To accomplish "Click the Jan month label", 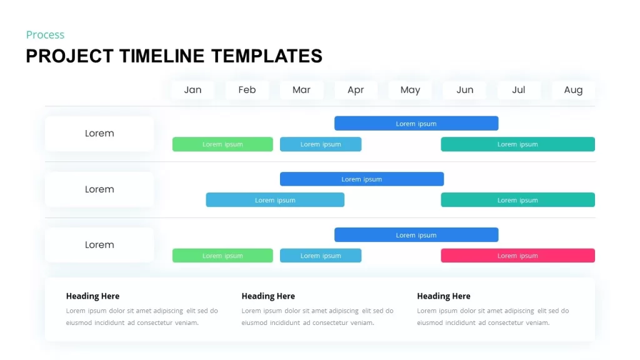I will (192, 90).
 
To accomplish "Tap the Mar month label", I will (301, 90).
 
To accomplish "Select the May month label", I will (410, 90).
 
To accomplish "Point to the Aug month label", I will (573, 90).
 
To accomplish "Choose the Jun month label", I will (464, 90).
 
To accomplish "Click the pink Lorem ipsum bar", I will (517, 256).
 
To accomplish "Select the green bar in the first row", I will (222, 144).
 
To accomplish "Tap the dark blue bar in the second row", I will (361, 179).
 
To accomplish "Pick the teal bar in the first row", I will (517, 144).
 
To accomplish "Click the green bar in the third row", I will (222, 256).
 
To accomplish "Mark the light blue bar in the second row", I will (275, 200).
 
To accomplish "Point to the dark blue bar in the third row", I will (416, 235).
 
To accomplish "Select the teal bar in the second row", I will (517, 200).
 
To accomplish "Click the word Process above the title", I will (45, 35).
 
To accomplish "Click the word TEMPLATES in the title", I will (267, 56).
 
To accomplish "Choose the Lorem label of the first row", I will (99, 133).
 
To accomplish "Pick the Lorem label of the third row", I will (99, 245).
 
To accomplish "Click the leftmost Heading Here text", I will (92, 296).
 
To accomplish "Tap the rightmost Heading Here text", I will (444, 296).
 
